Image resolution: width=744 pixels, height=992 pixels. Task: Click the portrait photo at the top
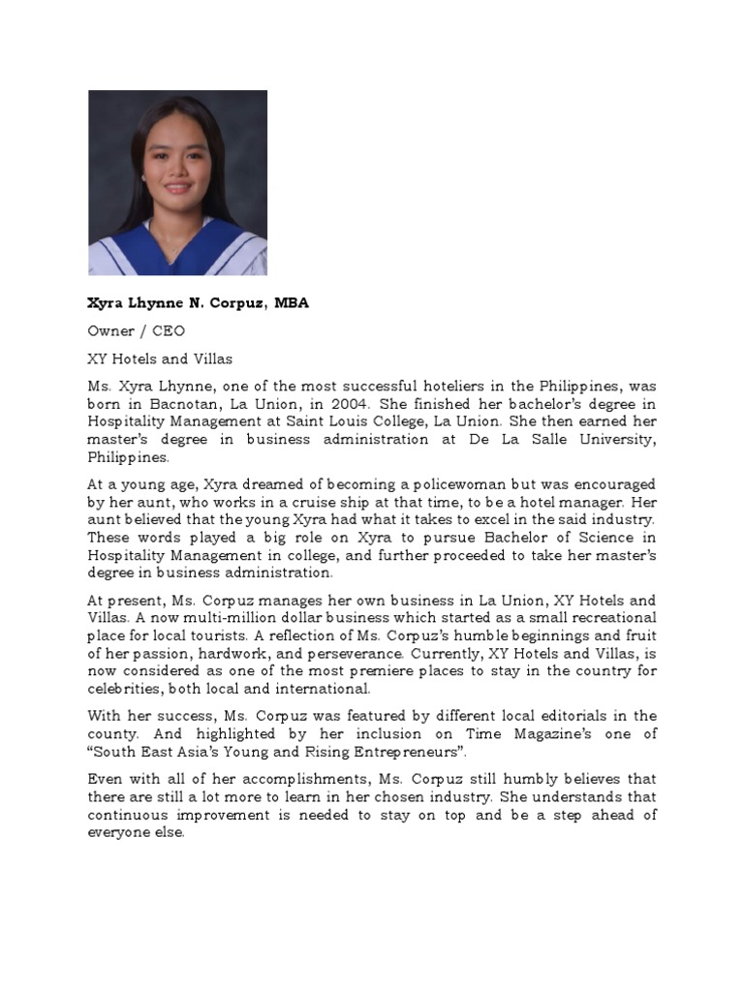(x=177, y=182)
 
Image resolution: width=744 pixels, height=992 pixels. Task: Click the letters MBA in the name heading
(x=292, y=303)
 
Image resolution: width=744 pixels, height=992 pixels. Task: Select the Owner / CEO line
(x=137, y=331)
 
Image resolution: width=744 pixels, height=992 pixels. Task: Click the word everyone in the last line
(x=120, y=833)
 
